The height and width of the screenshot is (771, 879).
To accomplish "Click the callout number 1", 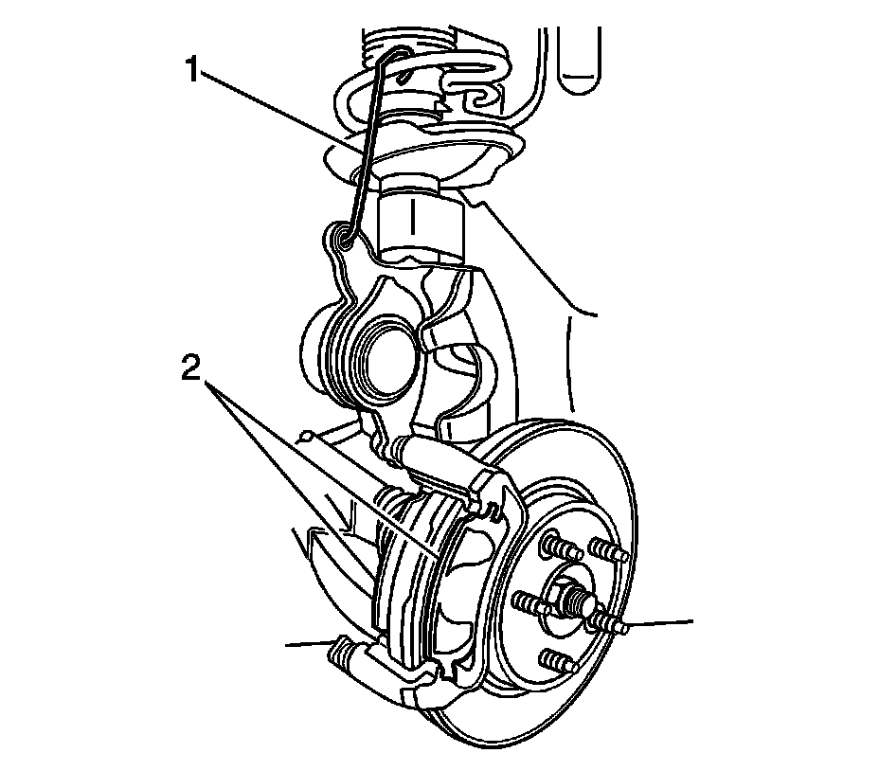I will click(x=194, y=71).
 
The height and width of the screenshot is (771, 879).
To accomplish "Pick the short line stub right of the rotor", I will click(x=663, y=623).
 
